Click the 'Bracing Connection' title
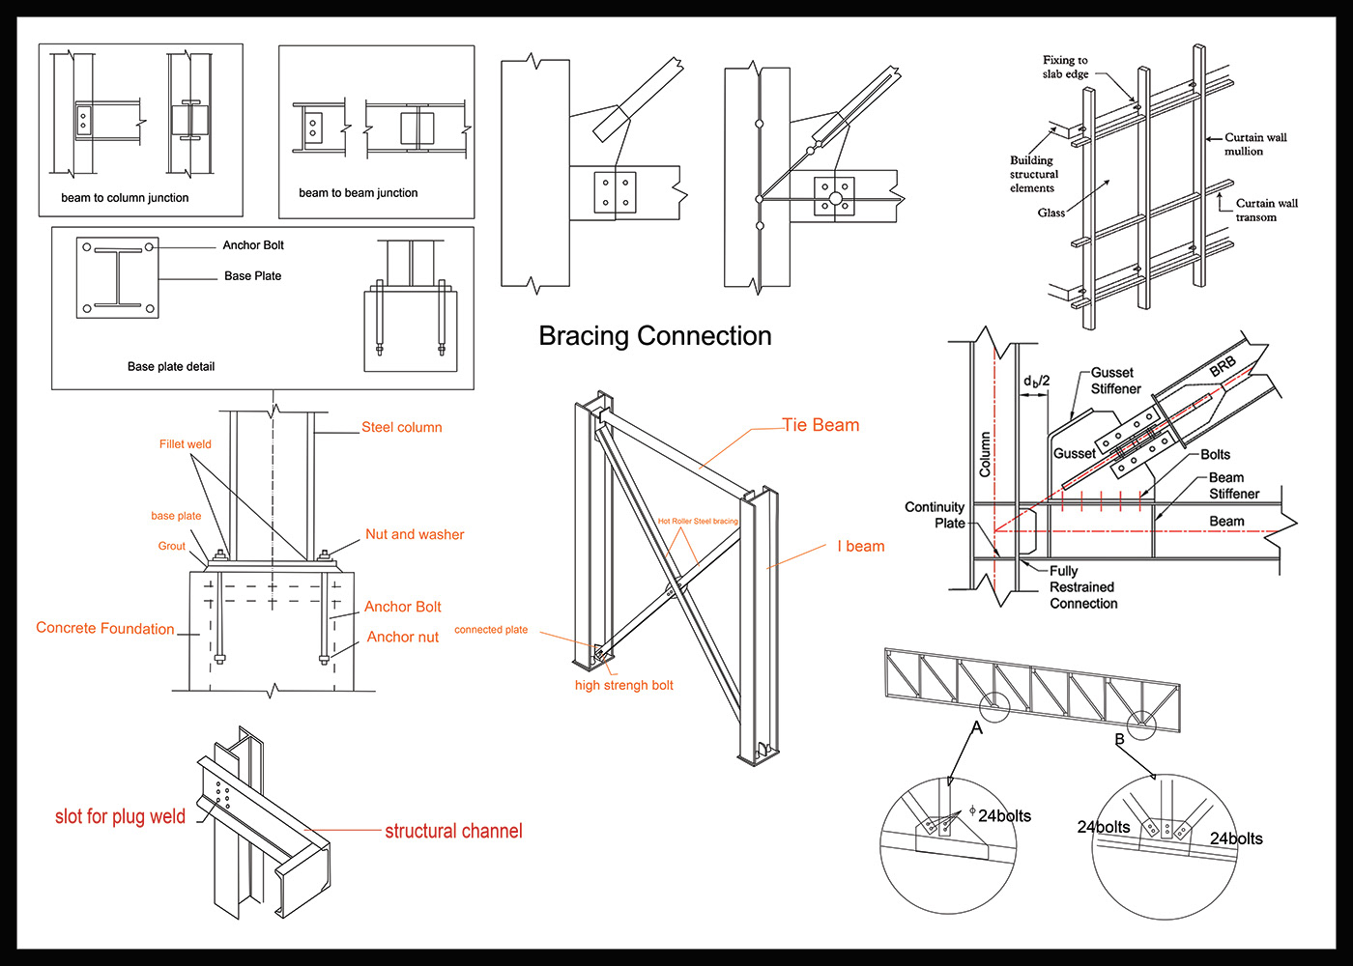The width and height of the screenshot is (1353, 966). click(655, 336)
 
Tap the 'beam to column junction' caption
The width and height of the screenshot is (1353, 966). click(125, 198)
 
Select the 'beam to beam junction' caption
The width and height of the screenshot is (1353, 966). click(359, 193)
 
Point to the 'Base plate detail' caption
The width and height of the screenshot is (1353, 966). click(171, 367)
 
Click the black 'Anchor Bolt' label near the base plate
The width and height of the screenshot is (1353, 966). click(253, 245)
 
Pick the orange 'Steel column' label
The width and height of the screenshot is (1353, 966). click(401, 427)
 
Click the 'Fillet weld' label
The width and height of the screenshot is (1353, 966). click(185, 444)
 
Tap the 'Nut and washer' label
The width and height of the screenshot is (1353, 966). click(415, 534)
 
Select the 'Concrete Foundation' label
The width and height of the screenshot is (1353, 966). click(105, 628)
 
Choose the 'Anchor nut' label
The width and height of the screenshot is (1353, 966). click(402, 638)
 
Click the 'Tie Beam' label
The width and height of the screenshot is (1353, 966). click(820, 425)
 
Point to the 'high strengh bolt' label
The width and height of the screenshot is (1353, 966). click(623, 686)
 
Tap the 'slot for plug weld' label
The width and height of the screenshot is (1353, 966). click(120, 816)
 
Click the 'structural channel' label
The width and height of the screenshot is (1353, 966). click(453, 831)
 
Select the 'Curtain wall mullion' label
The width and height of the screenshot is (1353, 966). click(1254, 144)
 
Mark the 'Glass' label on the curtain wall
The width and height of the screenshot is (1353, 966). click(1051, 213)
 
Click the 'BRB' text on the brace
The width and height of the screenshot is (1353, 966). click(1223, 366)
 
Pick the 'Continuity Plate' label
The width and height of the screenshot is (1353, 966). click(935, 515)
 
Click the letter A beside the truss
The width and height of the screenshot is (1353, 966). click(977, 727)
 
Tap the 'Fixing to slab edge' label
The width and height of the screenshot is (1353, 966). click(1065, 67)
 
